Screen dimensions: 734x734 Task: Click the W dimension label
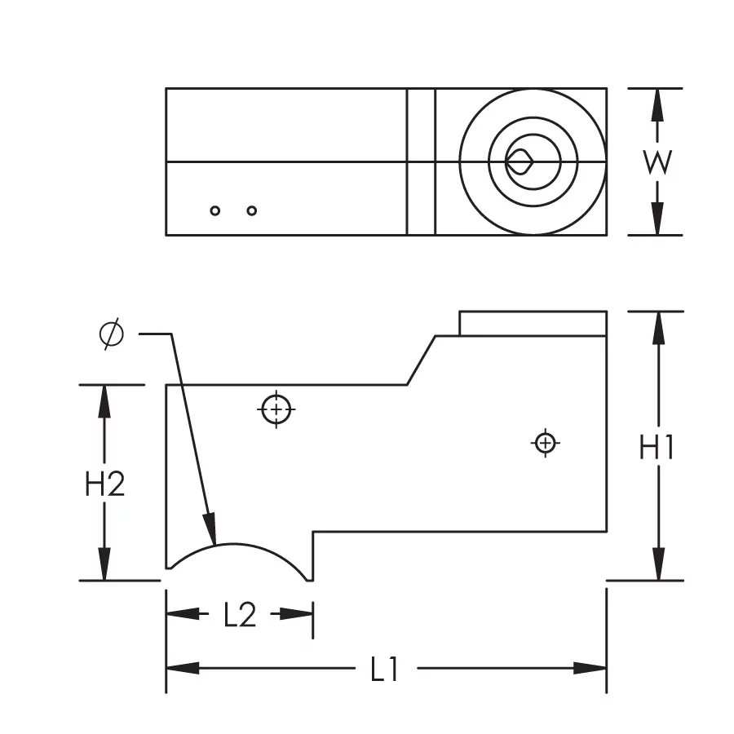(657, 162)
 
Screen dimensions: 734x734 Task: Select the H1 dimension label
(657, 447)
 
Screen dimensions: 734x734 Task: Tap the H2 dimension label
(105, 484)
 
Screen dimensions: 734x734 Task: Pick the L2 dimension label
(240, 615)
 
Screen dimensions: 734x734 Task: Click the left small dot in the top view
(215, 210)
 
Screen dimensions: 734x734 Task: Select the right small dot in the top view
(252, 210)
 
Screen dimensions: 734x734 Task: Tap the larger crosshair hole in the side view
(276, 409)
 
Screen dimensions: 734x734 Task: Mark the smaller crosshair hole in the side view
(546, 443)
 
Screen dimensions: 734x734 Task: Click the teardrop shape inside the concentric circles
(518, 161)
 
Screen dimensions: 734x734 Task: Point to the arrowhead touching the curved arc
(210, 530)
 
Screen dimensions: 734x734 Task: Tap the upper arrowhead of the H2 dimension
(104, 400)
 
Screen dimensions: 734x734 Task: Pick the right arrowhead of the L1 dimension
(590, 668)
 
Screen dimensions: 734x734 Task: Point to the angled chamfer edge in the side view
(421, 360)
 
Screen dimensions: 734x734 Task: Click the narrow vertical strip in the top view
(421, 161)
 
